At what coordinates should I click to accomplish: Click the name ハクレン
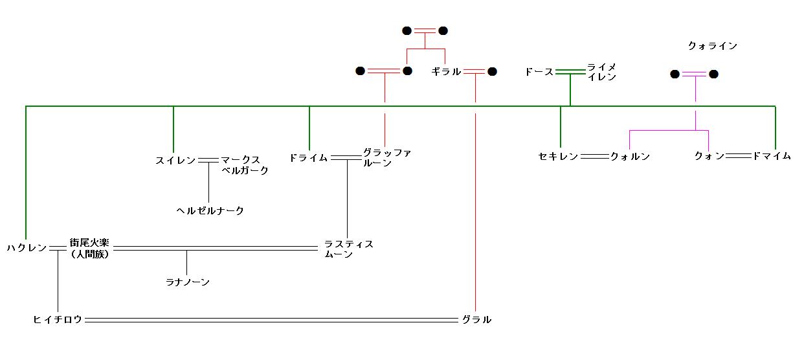[x=27, y=248]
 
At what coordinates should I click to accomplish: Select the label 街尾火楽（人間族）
[x=89, y=248]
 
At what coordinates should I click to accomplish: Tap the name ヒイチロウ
[x=58, y=319]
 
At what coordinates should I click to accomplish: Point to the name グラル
[x=476, y=319]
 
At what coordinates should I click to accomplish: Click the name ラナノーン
[x=188, y=282]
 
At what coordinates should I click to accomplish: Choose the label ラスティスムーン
[x=348, y=249]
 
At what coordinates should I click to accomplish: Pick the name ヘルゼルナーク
[x=210, y=210]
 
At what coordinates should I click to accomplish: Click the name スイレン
[x=175, y=160]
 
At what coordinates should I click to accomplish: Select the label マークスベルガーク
[x=244, y=165]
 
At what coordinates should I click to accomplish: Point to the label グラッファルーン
[x=386, y=157]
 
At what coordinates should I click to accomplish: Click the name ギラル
[x=446, y=72]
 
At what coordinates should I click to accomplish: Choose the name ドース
[x=539, y=72]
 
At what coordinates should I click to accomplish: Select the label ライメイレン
[x=601, y=71]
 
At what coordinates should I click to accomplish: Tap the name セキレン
[x=558, y=156]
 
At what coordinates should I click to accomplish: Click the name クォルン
[x=630, y=156]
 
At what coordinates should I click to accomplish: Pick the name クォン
[x=709, y=156]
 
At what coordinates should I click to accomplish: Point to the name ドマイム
[x=771, y=156]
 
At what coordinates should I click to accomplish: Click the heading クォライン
[x=713, y=46]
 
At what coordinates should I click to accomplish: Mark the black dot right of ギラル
[x=492, y=72]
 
